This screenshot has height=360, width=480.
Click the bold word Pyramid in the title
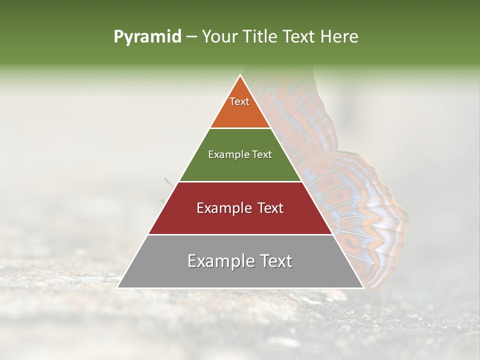pyautogui.click(x=147, y=37)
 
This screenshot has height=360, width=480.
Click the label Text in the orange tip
pyautogui.click(x=239, y=101)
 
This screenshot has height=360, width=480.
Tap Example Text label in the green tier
pyautogui.click(x=240, y=154)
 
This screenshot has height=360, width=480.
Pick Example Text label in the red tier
pyautogui.click(x=240, y=208)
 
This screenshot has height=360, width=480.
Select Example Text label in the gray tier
pyautogui.click(x=240, y=261)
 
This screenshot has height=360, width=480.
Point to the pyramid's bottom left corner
pyautogui.click(x=118, y=287)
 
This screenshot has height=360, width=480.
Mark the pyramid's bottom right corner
pyautogui.click(x=363, y=287)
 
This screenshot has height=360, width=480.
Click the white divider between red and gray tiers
pyautogui.click(x=240, y=234)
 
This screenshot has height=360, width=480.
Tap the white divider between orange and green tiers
pyautogui.click(x=240, y=128)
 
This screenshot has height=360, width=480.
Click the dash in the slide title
pyautogui.click(x=191, y=37)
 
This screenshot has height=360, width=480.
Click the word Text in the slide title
pyautogui.click(x=299, y=37)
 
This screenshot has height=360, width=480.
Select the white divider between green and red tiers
pyautogui.click(x=240, y=181)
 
